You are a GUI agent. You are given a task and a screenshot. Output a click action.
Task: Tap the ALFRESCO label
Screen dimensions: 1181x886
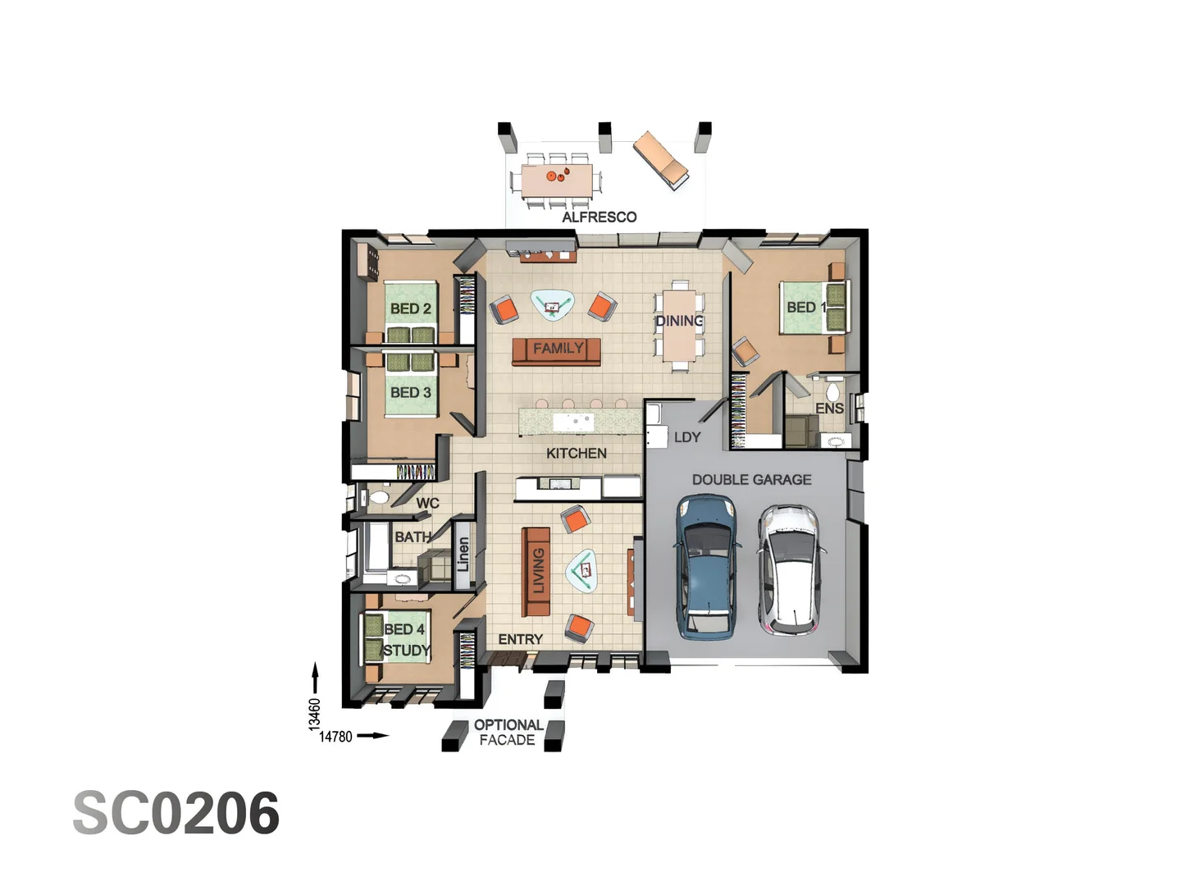599,217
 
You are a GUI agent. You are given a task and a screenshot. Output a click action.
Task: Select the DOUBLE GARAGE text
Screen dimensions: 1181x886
751,480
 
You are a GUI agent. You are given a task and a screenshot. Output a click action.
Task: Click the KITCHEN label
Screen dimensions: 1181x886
577,454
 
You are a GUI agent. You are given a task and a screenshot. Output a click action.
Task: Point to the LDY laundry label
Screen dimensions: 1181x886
687,437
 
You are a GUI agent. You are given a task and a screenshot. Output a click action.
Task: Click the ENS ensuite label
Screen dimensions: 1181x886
829,409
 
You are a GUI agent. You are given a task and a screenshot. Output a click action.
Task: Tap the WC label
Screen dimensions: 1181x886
428,504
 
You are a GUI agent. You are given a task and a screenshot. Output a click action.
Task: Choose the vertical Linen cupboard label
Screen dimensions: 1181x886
463,554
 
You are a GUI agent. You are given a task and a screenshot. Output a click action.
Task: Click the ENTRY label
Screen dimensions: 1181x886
520,639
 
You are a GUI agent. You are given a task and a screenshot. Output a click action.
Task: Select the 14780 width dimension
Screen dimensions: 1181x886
335,737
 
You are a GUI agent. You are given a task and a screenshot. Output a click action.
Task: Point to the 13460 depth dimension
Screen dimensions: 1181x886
315,715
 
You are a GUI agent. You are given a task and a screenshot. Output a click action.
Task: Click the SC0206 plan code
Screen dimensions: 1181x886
176,813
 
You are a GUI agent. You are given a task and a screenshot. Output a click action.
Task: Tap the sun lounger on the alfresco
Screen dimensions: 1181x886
661,160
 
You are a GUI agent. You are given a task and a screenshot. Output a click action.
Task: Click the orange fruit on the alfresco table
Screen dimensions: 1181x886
551,176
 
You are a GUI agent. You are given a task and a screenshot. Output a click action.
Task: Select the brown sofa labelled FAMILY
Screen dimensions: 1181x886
556,352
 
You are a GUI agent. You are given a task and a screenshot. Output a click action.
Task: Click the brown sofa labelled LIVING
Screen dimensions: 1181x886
536,571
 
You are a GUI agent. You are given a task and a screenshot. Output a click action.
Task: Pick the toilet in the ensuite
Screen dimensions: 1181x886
835,387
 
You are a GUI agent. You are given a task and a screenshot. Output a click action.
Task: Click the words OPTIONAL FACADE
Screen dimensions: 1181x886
508,733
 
